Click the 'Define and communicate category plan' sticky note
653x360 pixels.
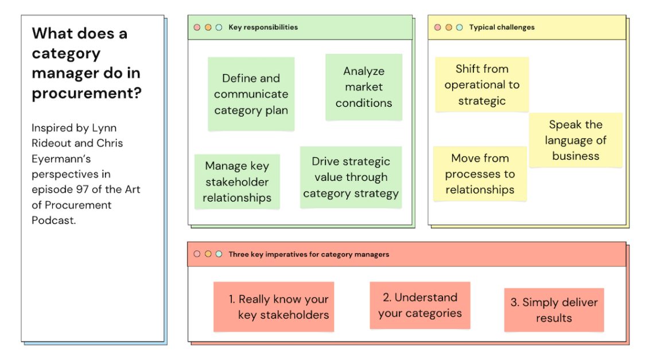(251, 94)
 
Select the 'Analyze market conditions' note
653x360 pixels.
(364, 87)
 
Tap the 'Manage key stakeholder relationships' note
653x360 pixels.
(237, 181)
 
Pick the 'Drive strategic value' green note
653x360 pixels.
(351, 177)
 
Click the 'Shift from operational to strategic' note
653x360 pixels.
(482, 85)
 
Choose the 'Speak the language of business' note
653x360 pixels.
(576, 140)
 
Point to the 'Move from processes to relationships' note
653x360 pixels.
(480, 174)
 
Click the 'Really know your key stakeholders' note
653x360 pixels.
(274, 307)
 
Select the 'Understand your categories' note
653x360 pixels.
(420, 305)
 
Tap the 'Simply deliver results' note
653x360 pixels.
(554, 310)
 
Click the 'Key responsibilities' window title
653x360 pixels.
(263, 27)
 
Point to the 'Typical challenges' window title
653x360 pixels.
(502, 27)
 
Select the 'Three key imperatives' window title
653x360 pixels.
(309, 254)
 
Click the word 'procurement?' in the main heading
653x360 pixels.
(86, 93)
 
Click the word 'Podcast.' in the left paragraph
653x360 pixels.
(53, 220)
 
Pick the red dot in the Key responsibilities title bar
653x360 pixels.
(197, 27)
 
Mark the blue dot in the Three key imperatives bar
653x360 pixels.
(219, 254)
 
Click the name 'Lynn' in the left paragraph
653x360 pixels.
(105, 127)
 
